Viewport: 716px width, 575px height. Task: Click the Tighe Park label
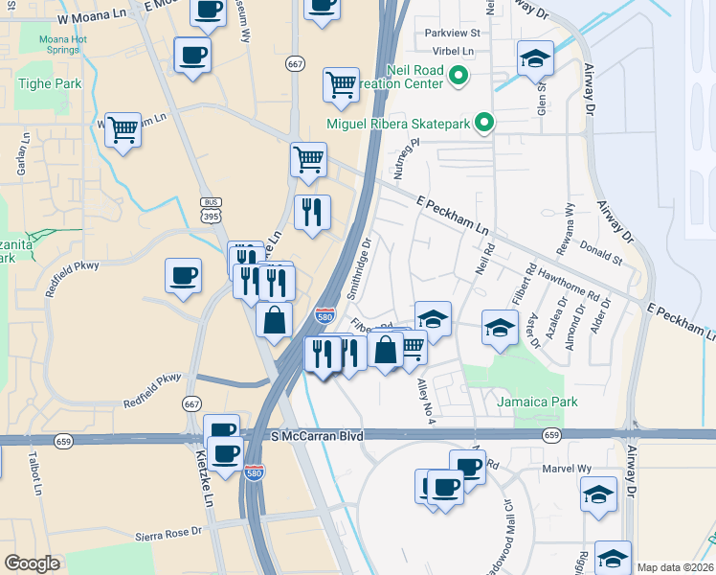[x=50, y=83]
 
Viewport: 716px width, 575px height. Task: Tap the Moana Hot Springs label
[x=63, y=45]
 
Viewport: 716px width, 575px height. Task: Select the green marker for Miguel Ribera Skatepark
[x=484, y=123]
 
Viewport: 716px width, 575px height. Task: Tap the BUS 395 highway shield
[x=211, y=209]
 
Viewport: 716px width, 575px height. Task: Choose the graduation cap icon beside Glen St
[x=535, y=57]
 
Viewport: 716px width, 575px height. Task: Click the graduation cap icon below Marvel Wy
[x=598, y=494]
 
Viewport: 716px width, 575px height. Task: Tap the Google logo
[x=32, y=563]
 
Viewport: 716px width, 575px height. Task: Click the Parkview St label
[x=452, y=33]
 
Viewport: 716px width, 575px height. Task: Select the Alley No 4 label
[x=426, y=402]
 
